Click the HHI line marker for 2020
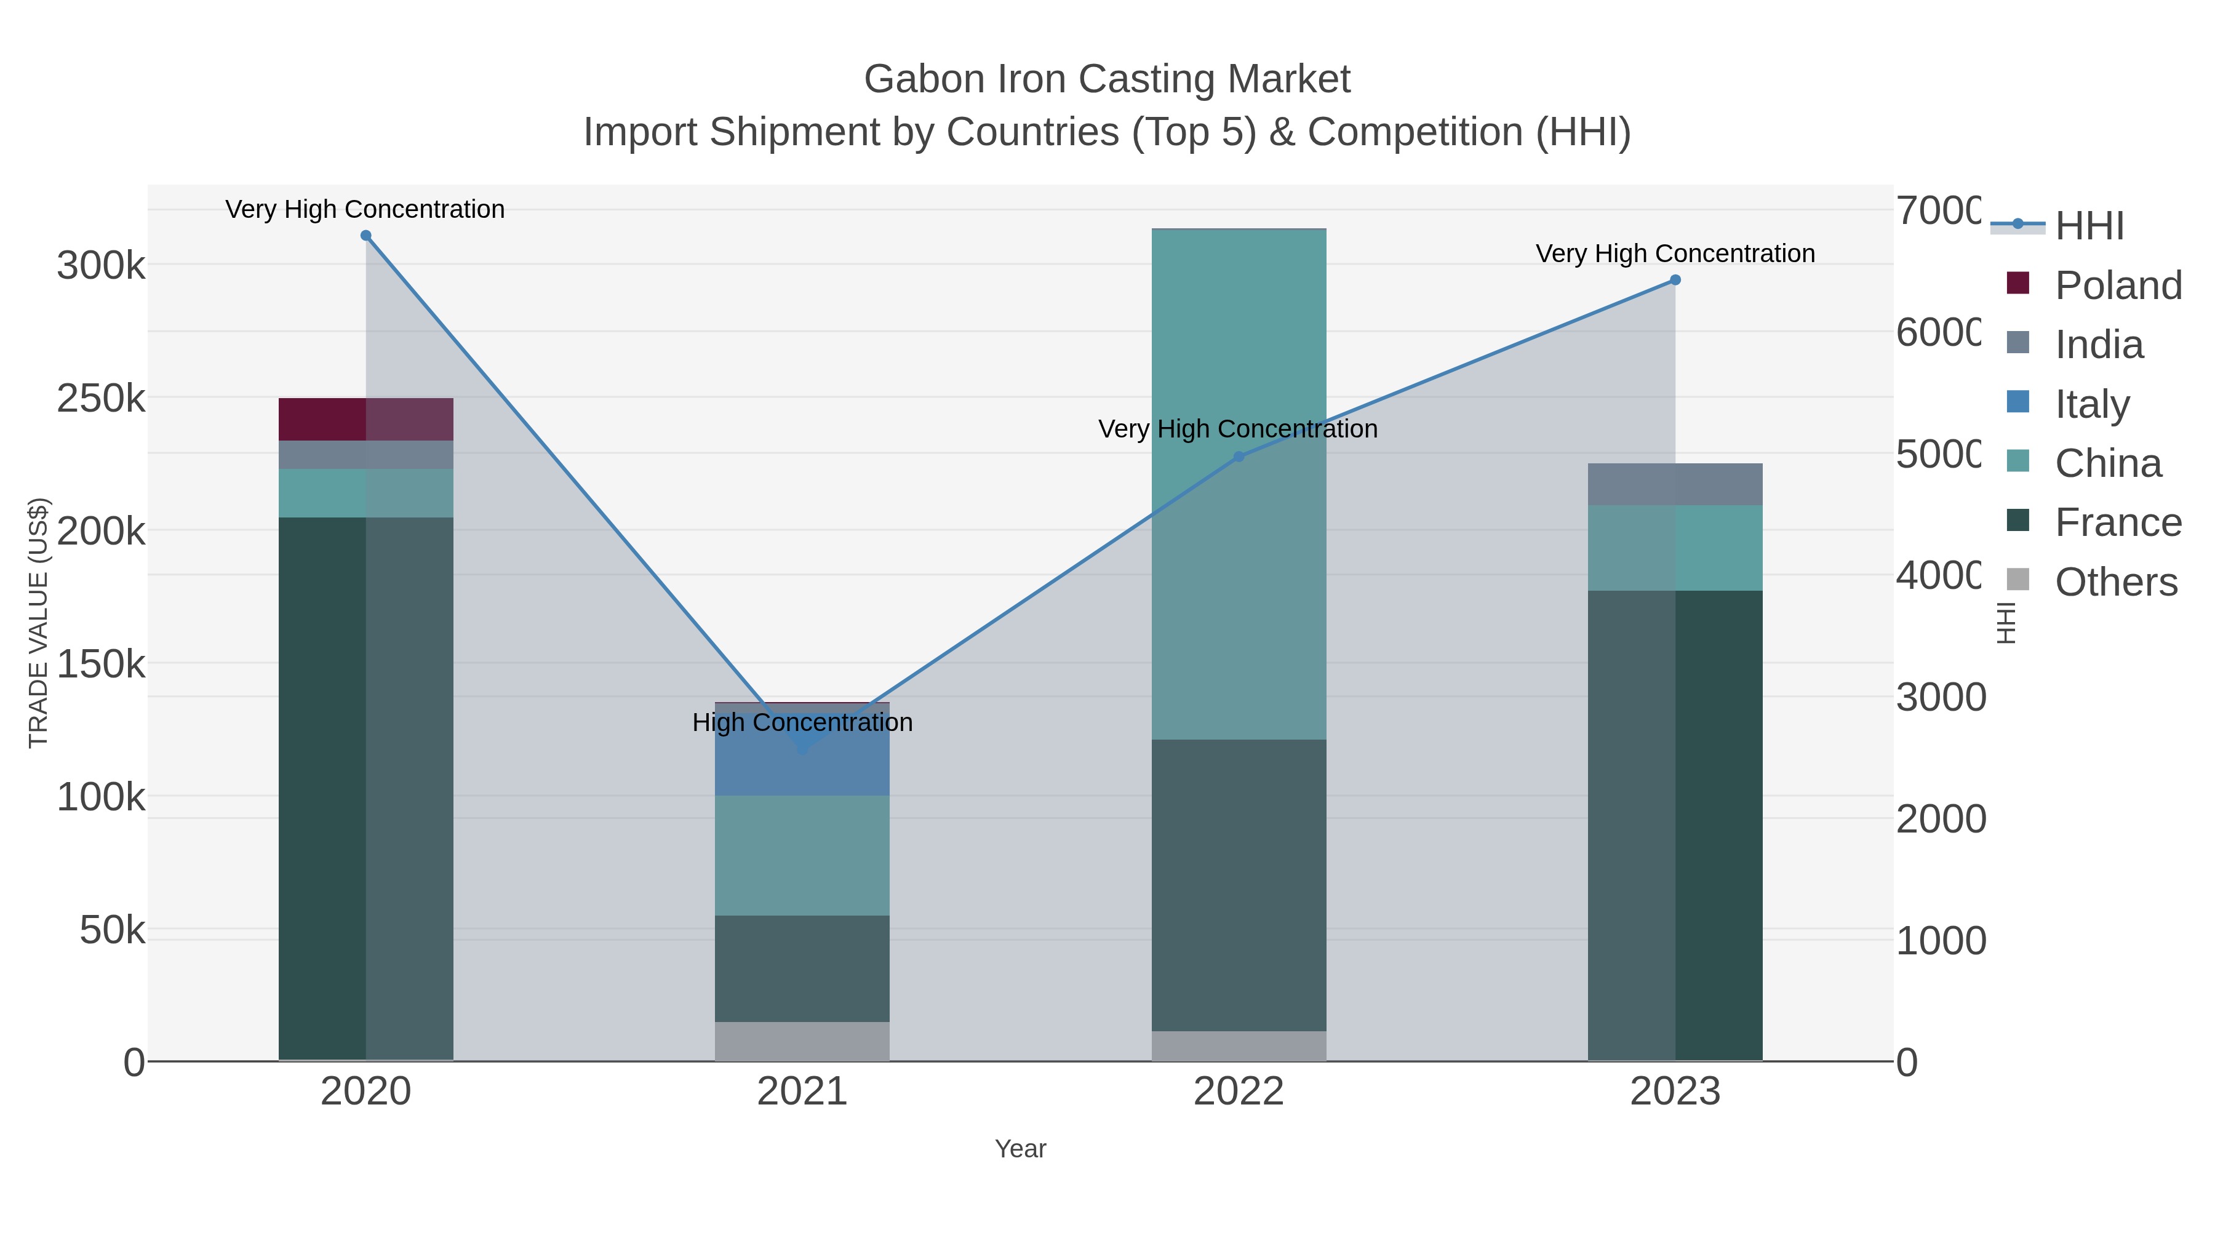click(x=365, y=236)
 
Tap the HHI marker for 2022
click(x=1238, y=457)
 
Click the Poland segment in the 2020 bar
click(x=365, y=420)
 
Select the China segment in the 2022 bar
click(x=1238, y=482)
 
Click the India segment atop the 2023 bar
click(x=1675, y=484)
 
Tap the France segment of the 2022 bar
click(x=1238, y=885)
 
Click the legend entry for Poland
click(x=2118, y=286)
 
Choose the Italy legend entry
click(x=2092, y=404)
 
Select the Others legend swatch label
click(x=2116, y=582)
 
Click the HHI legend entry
click(x=2089, y=226)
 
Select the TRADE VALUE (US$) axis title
click(x=39, y=623)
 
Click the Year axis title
click(x=1020, y=1149)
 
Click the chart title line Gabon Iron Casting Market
click(x=1107, y=79)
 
